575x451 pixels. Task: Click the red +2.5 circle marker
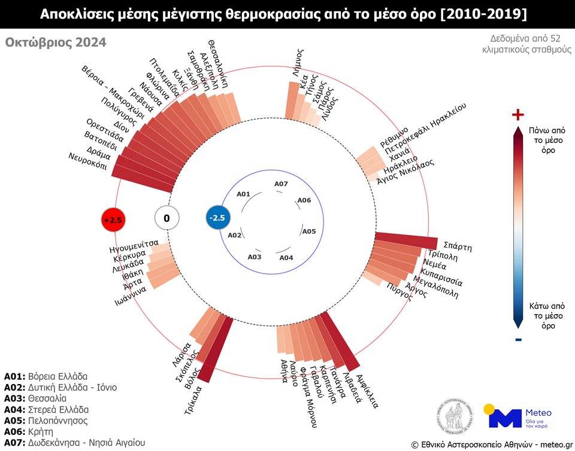(x=112, y=220)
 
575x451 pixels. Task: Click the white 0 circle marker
(x=167, y=219)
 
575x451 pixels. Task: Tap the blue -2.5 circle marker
(x=216, y=218)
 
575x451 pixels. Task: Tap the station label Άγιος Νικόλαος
(x=405, y=172)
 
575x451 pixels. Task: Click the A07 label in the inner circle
(x=281, y=184)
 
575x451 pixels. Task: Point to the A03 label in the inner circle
(x=255, y=257)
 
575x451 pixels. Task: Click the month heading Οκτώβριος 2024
(x=56, y=42)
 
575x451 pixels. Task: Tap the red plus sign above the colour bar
(x=518, y=115)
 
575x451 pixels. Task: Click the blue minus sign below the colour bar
(x=518, y=340)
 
